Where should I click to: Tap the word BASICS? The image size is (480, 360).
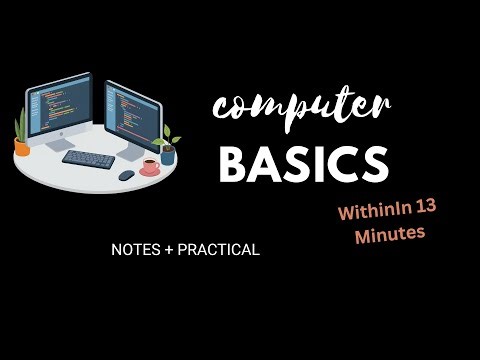(303, 163)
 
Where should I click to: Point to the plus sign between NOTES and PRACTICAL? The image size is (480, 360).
(170, 250)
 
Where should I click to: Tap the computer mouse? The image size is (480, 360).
(126, 174)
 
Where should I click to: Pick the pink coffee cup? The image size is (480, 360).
(149, 167)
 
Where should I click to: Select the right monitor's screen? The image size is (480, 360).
(134, 114)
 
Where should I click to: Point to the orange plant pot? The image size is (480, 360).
(22, 148)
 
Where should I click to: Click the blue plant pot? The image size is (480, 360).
(168, 156)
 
